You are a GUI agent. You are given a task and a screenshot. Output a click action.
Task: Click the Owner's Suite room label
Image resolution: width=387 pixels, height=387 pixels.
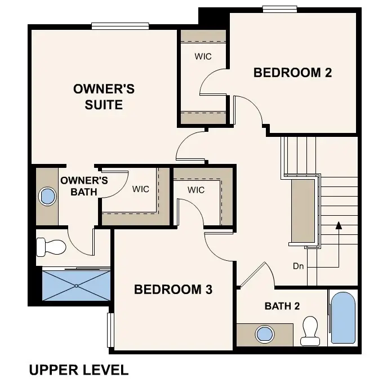(x=104, y=97)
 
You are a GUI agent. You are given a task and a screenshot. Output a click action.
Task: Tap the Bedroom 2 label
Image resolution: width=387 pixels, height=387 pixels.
(x=292, y=73)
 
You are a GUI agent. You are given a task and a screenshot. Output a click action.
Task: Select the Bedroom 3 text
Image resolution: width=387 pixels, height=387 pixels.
(x=173, y=290)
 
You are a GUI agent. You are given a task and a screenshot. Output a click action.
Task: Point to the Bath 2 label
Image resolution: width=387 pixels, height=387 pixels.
(x=282, y=306)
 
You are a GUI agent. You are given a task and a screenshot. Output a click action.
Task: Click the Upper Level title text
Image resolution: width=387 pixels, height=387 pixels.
(x=78, y=370)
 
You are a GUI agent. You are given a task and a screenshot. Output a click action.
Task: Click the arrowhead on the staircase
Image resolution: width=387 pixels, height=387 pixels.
(x=339, y=226)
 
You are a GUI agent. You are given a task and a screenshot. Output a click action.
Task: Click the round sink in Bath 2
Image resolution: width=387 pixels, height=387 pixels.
(x=264, y=333)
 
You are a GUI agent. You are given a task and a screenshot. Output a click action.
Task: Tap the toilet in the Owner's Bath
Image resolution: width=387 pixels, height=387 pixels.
(x=50, y=246)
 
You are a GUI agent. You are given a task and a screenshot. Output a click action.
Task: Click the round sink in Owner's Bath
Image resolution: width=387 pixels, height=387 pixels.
(x=47, y=197)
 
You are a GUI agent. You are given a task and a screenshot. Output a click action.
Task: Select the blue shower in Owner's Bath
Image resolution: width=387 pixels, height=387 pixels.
(x=77, y=286)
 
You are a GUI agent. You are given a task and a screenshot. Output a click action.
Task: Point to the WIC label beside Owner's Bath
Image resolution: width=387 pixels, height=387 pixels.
(x=141, y=189)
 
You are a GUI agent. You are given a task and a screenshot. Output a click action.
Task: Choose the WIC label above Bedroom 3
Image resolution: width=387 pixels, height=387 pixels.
(x=196, y=190)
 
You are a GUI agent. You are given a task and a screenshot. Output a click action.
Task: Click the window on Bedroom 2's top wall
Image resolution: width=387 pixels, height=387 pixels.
(x=280, y=8)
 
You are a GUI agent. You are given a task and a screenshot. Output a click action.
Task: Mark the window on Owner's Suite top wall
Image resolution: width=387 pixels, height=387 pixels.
(x=120, y=25)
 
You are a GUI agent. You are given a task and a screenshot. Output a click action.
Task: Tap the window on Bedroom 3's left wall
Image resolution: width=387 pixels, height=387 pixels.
(x=110, y=330)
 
